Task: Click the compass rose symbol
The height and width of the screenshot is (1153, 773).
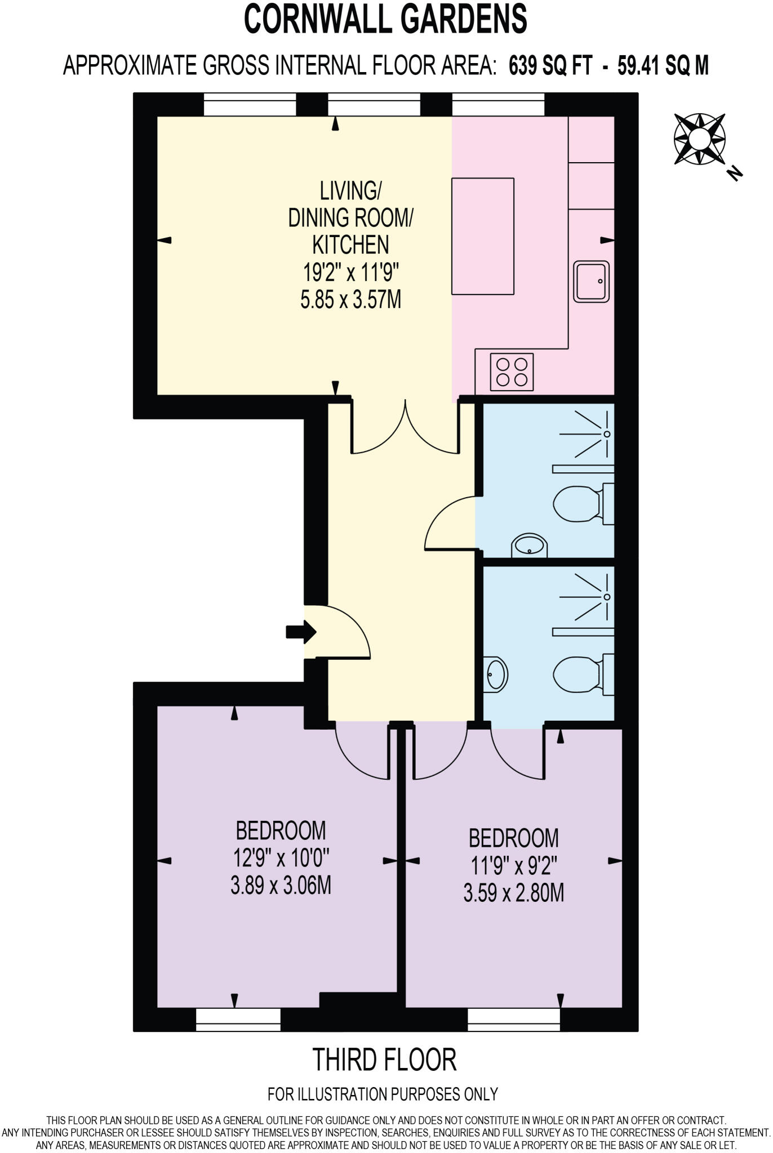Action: [x=699, y=139]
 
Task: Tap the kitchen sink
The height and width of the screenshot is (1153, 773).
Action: [x=592, y=281]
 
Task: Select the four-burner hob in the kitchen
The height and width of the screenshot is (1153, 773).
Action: [x=512, y=372]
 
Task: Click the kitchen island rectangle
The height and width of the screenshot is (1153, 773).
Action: [x=483, y=236]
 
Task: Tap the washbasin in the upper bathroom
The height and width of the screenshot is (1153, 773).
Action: [x=530, y=546]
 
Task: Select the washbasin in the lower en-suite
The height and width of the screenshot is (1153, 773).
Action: [x=496, y=673]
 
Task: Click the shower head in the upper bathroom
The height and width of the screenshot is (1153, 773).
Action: [x=607, y=434]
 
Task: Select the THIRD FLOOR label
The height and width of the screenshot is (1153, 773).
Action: [x=384, y=1060]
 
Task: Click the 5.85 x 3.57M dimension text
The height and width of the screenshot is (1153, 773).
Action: [x=350, y=300]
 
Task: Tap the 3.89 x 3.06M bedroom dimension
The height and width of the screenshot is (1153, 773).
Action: [x=281, y=886]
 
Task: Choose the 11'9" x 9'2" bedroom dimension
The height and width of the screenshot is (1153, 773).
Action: [x=513, y=865]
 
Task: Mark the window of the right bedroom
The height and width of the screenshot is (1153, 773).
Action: [x=514, y=1020]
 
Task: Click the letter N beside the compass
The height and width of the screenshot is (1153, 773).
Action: [x=735, y=174]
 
